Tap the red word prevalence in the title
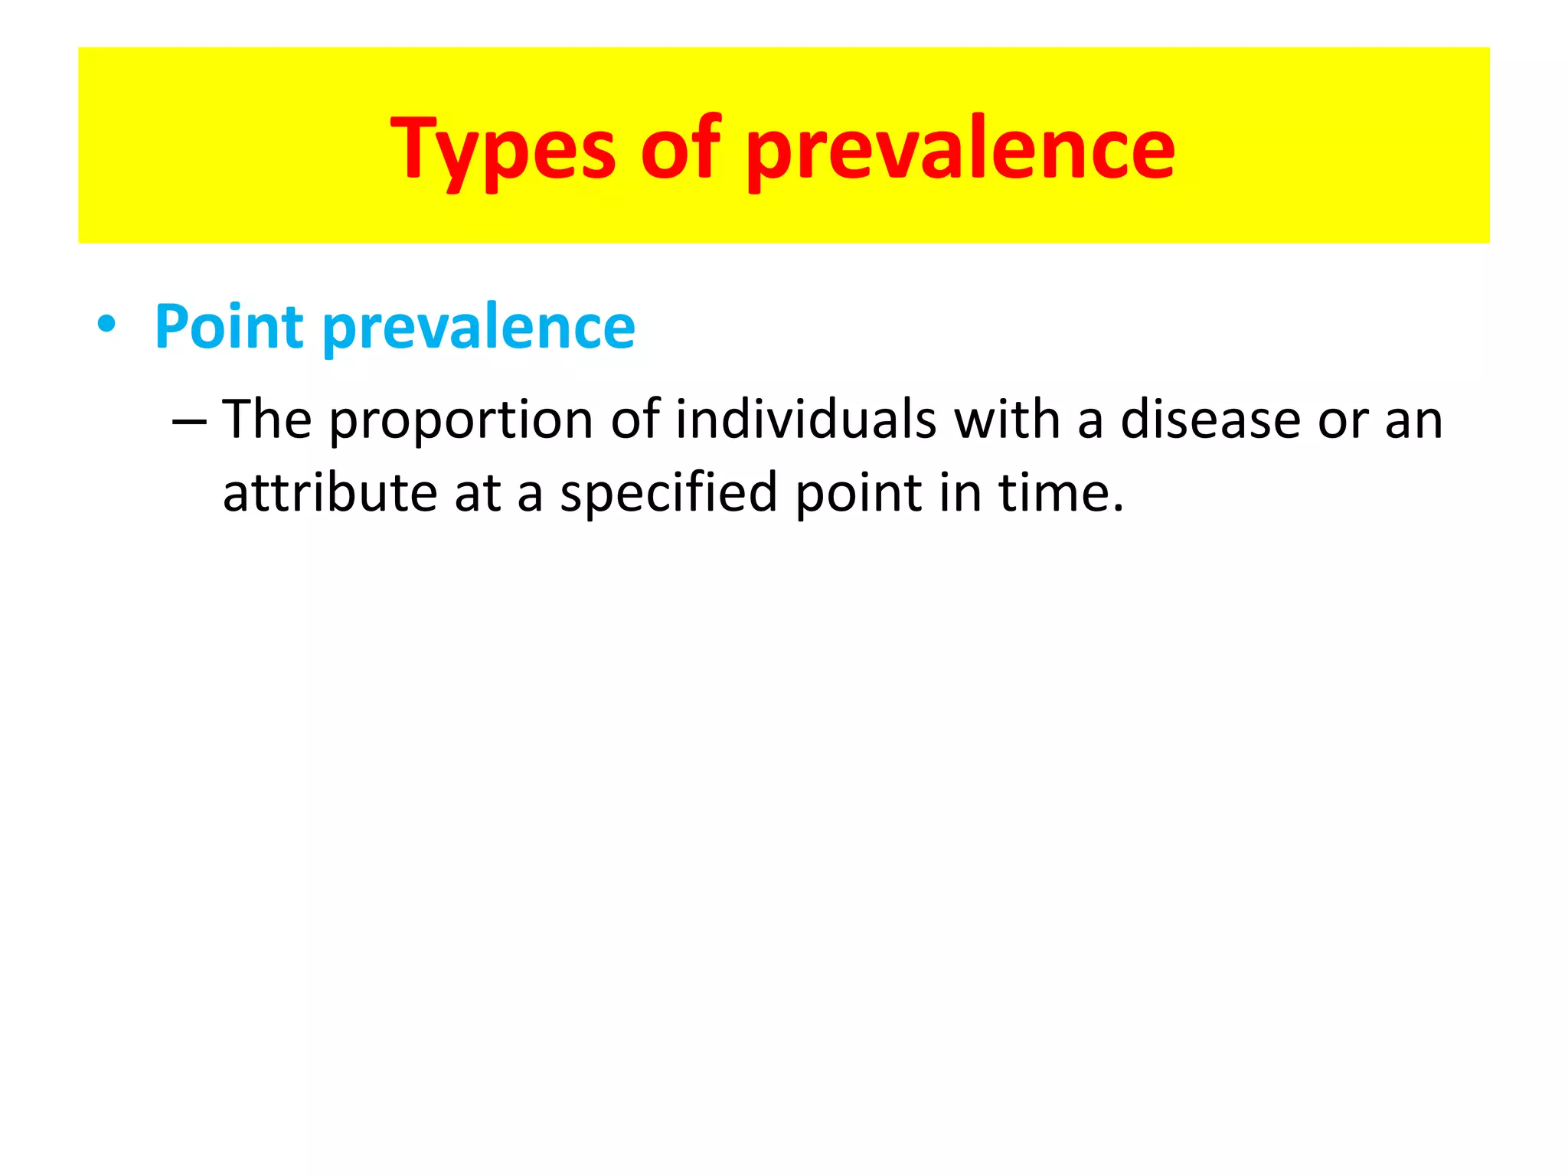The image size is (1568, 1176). [x=960, y=149]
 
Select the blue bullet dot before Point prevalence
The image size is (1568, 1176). [x=106, y=325]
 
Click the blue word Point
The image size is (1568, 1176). [x=229, y=327]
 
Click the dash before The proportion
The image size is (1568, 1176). [x=189, y=422]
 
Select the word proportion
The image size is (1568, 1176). [x=461, y=422]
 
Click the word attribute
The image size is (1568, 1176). [x=330, y=493]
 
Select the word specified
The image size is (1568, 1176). [x=668, y=493]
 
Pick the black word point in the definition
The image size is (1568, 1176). [x=857, y=495]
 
